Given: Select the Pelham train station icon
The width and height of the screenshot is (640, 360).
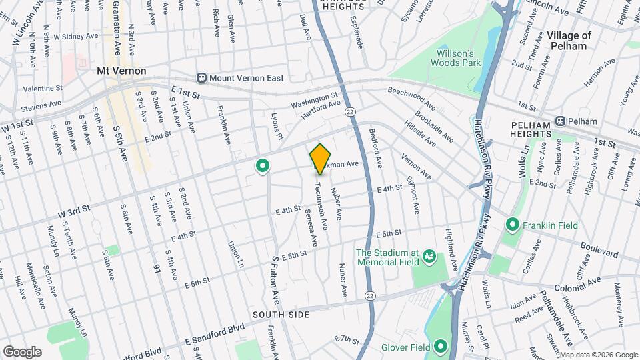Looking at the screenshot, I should pos(561,121).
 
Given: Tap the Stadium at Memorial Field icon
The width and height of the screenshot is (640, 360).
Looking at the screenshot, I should pos(430,256).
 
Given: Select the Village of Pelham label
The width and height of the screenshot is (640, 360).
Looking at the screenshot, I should pos(569,41).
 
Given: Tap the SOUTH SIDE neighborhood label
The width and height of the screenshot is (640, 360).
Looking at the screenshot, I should pos(281,313).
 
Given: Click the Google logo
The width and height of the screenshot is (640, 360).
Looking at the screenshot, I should pos(23,351).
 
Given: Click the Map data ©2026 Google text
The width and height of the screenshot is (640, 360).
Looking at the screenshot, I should pos(597,354).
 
